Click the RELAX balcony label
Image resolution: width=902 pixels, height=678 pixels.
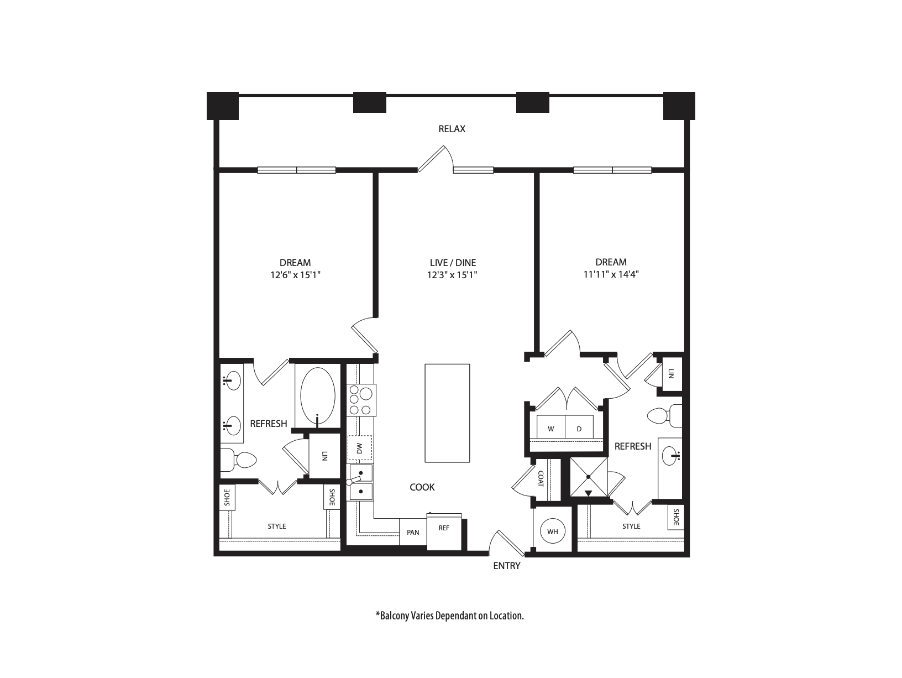click(x=452, y=129)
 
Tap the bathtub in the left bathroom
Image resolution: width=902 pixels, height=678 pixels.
click(x=317, y=396)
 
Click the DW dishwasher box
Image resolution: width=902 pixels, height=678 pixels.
click(x=359, y=448)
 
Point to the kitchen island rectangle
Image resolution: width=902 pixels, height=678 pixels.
click(x=447, y=413)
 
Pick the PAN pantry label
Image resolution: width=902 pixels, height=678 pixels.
click(x=413, y=533)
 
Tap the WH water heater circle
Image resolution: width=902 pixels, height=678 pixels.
click(x=553, y=532)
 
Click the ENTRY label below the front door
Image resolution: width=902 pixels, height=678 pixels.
click(x=507, y=566)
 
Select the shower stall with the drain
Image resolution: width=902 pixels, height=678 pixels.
click(x=588, y=477)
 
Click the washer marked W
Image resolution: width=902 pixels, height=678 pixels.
click(x=550, y=429)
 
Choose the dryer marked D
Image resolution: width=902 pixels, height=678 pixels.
click(x=579, y=429)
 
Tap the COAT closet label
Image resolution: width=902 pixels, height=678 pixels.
click(x=541, y=478)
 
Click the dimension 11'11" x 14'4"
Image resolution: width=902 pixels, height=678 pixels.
click(x=611, y=274)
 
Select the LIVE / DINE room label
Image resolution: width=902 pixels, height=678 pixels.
click(x=452, y=263)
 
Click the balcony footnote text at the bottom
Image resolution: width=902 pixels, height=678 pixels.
click(x=449, y=616)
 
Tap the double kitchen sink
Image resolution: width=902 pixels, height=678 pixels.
click(x=360, y=482)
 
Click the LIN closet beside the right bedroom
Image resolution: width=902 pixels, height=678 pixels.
click(x=671, y=374)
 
